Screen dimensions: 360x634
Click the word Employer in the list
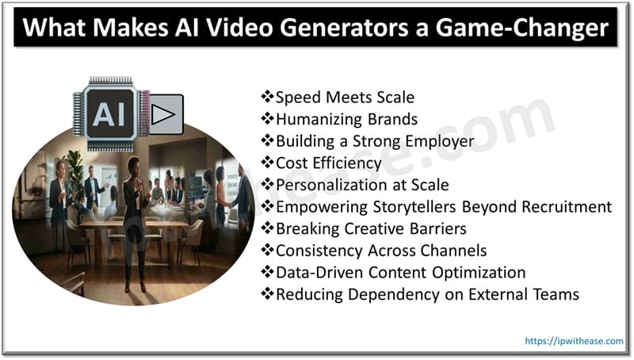coord(445,142)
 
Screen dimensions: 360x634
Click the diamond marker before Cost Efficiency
coord(267,163)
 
